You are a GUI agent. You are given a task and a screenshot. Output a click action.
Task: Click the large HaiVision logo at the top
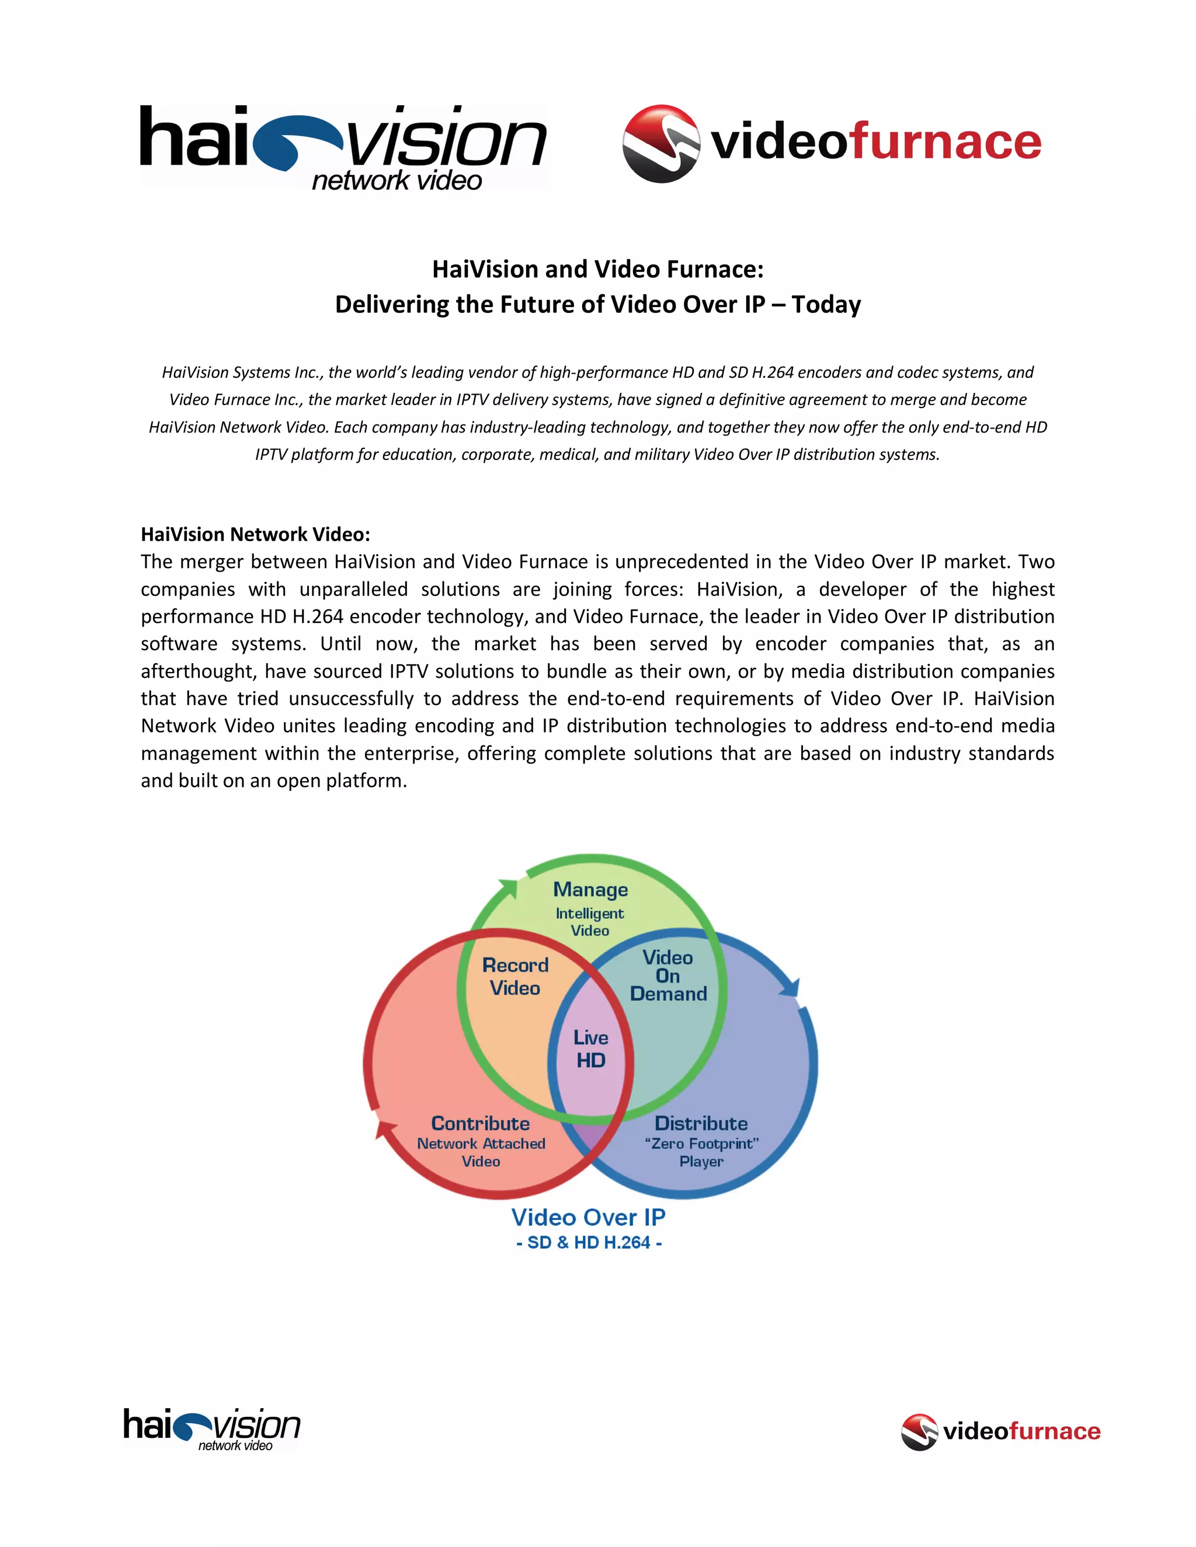(x=343, y=147)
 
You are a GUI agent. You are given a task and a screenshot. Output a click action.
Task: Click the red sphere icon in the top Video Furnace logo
(x=660, y=144)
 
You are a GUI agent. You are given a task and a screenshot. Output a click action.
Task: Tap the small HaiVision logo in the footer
(x=211, y=1430)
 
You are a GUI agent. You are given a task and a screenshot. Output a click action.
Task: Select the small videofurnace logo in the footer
(x=1000, y=1431)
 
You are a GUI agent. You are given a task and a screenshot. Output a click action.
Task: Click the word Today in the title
(x=826, y=305)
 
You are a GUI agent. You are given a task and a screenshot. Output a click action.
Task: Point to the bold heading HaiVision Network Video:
(x=255, y=534)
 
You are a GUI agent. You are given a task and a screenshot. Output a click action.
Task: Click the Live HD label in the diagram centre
(x=591, y=1049)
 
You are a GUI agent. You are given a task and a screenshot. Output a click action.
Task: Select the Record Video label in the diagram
(x=515, y=976)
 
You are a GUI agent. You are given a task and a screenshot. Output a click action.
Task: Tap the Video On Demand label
(x=668, y=976)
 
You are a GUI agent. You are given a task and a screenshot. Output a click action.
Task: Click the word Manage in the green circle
(x=590, y=889)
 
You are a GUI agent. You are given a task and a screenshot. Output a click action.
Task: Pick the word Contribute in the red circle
(x=481, y=1123)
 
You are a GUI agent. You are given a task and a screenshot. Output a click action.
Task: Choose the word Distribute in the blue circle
(x=701, y=1123)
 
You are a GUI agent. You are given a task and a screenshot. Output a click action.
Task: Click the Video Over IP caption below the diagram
(x=589, y=1218)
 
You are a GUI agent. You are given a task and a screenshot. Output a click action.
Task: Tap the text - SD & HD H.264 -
(x=589, y=1242)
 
